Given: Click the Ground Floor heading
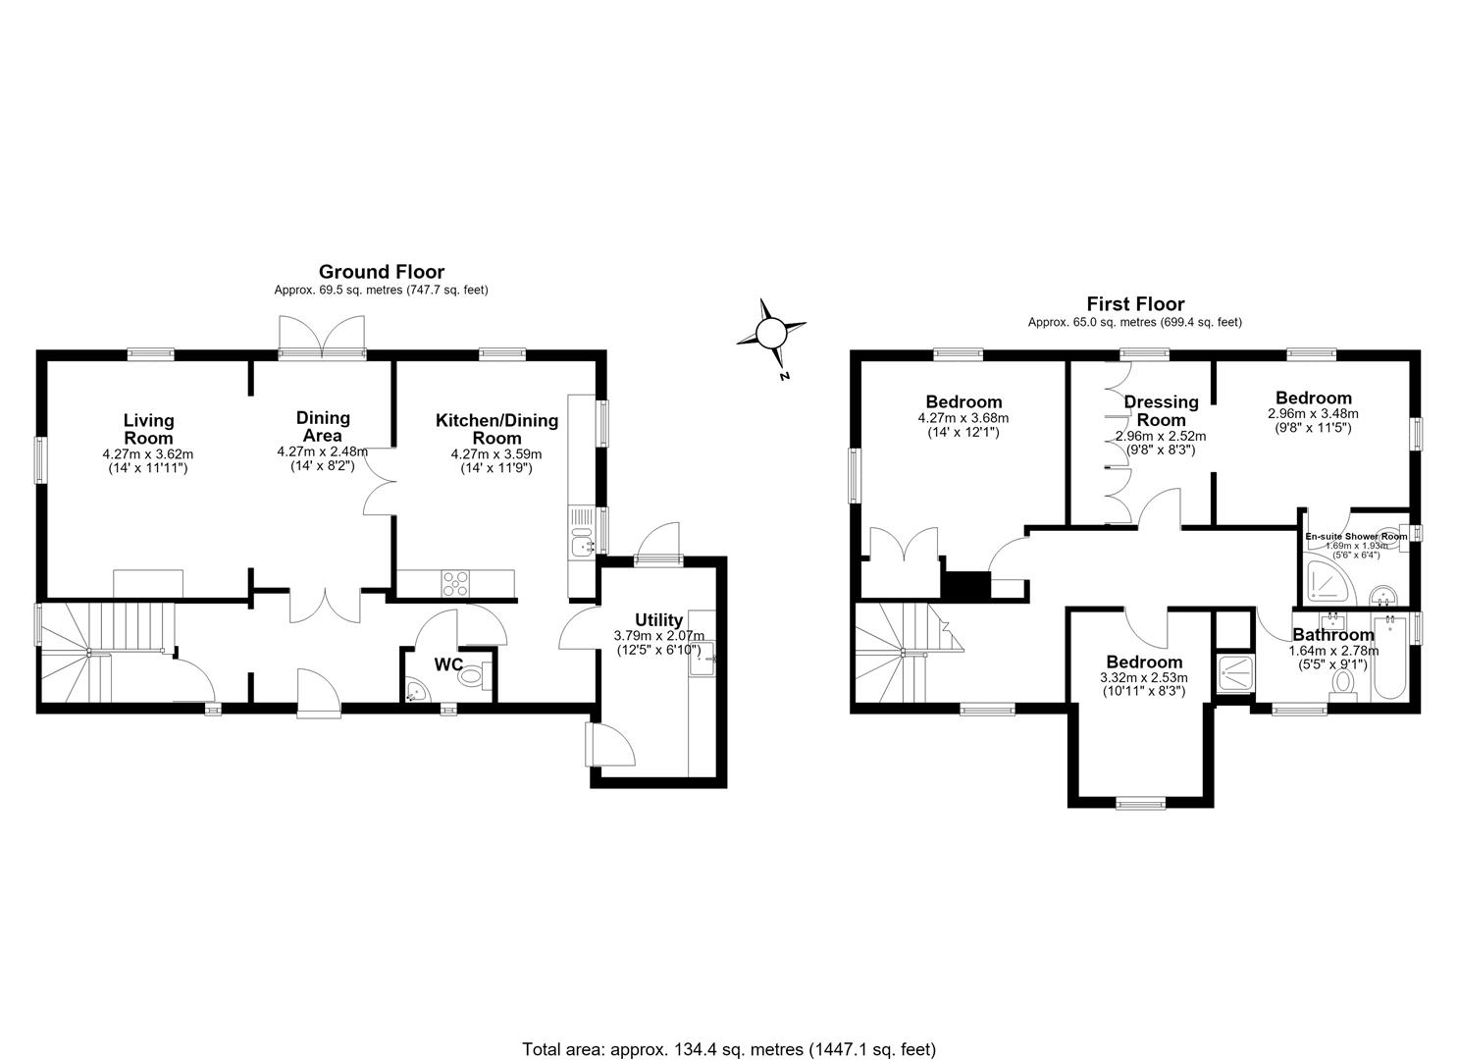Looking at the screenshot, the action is tap(381, 271).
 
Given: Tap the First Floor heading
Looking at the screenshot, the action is tap(1135, 304).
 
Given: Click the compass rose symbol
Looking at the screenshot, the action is tap(772, 334).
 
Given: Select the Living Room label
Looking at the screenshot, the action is tap(148, 429).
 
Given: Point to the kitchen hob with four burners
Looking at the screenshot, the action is tap(455, 583).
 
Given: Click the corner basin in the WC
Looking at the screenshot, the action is tap(415, 690).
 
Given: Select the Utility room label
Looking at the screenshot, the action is tap(658, 620).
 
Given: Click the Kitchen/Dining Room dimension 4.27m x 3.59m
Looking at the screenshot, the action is tap(496, 454).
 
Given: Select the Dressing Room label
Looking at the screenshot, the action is tap(1161, 410).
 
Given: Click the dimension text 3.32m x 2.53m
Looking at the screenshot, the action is tap(1144, 677).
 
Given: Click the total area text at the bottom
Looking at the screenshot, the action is tap(728, 1031).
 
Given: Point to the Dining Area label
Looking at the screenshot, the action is tap(323, 426).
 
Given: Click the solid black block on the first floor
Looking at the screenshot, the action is tap(965, 586).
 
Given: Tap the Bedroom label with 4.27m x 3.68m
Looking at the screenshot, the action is tap(963, 401).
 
